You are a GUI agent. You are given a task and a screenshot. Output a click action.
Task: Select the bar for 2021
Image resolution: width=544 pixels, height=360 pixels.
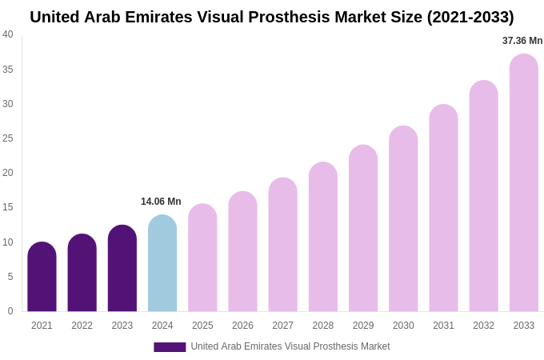click(42, 277)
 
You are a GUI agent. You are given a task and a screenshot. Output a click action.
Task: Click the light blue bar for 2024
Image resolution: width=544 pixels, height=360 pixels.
click(162, 263)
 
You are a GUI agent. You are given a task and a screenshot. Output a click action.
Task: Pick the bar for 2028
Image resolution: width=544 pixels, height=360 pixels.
click(323, 237)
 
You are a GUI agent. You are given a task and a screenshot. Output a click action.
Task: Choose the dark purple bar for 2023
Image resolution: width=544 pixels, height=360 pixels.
click(122, 268)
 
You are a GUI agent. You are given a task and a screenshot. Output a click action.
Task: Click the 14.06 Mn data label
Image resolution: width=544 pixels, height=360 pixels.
click(161, 202)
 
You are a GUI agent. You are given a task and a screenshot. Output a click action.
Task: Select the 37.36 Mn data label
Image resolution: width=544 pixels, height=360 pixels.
click(522, 41)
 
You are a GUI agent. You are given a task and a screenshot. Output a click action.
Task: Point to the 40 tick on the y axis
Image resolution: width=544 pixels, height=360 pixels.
click(8, 34)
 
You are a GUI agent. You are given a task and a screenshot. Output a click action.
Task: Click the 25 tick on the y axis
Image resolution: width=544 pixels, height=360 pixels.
click(8, 138)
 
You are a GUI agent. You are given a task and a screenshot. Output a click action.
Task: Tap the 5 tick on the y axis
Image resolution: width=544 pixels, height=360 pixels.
click(10, 277)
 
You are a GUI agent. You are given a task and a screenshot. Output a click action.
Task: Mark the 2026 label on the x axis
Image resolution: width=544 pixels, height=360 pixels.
click(242, 326)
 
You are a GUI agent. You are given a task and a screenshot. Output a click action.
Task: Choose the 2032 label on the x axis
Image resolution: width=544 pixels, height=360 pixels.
click(483, 326)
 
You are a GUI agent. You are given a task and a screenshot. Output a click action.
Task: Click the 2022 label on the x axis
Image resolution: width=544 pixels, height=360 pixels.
click(82, 326)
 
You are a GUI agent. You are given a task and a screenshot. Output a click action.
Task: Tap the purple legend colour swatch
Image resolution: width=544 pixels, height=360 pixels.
click(170, 347)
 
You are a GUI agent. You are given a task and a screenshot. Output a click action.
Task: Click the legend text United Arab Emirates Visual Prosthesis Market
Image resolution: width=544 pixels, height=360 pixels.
click(290, 346)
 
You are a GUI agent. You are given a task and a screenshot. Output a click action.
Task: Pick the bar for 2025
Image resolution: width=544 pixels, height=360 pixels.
click(202, 258)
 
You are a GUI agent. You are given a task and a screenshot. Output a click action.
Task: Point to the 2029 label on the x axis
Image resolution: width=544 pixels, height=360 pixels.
click(363, 326)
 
